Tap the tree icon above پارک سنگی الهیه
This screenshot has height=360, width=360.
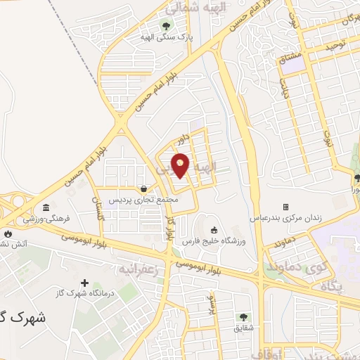(166, 27)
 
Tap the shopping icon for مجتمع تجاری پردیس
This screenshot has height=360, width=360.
(144, 188)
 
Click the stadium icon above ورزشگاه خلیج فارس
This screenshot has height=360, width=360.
(213, 230)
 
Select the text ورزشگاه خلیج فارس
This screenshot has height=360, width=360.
(213, 241)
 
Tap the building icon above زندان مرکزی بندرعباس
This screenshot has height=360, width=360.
(285, 207)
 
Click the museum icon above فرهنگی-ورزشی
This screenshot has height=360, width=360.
(46, 207)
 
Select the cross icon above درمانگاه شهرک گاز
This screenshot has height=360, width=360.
(85, 282)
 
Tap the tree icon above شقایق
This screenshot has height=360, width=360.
(243, 317)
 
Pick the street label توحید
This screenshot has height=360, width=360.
(336, 46)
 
